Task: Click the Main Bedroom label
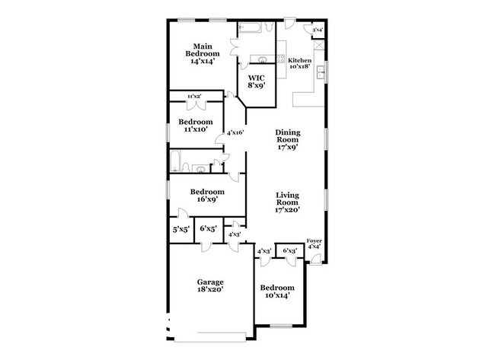click(x=203, y=53)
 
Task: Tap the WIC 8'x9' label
click(x=256, y=81)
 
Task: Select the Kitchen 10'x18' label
click(x=299, y=63)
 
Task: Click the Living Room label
click(x=287, y=202)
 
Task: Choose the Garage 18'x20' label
click(x=210, y=285)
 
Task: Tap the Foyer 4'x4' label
click(x=314, y=244)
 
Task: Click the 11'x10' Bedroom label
click(x=196, y=126)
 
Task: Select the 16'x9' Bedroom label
click(x=207, y=196)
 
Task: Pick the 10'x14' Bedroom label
click(x=277, y=292)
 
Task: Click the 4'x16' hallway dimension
click(x=235, y=132)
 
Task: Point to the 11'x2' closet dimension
click(x=194, y=96)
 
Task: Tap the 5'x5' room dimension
click(x=181, y=229)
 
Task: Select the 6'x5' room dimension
click(x=209, y=228)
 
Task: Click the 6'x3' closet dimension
click(x=290, y=250)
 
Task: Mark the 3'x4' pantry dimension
click(x=318, y=30)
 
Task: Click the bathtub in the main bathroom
click(x=250, y=27)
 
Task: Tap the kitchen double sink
click(x=321, y=72)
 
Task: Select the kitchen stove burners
click(x=281, y=59)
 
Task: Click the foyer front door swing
click(x=317, y=259)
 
